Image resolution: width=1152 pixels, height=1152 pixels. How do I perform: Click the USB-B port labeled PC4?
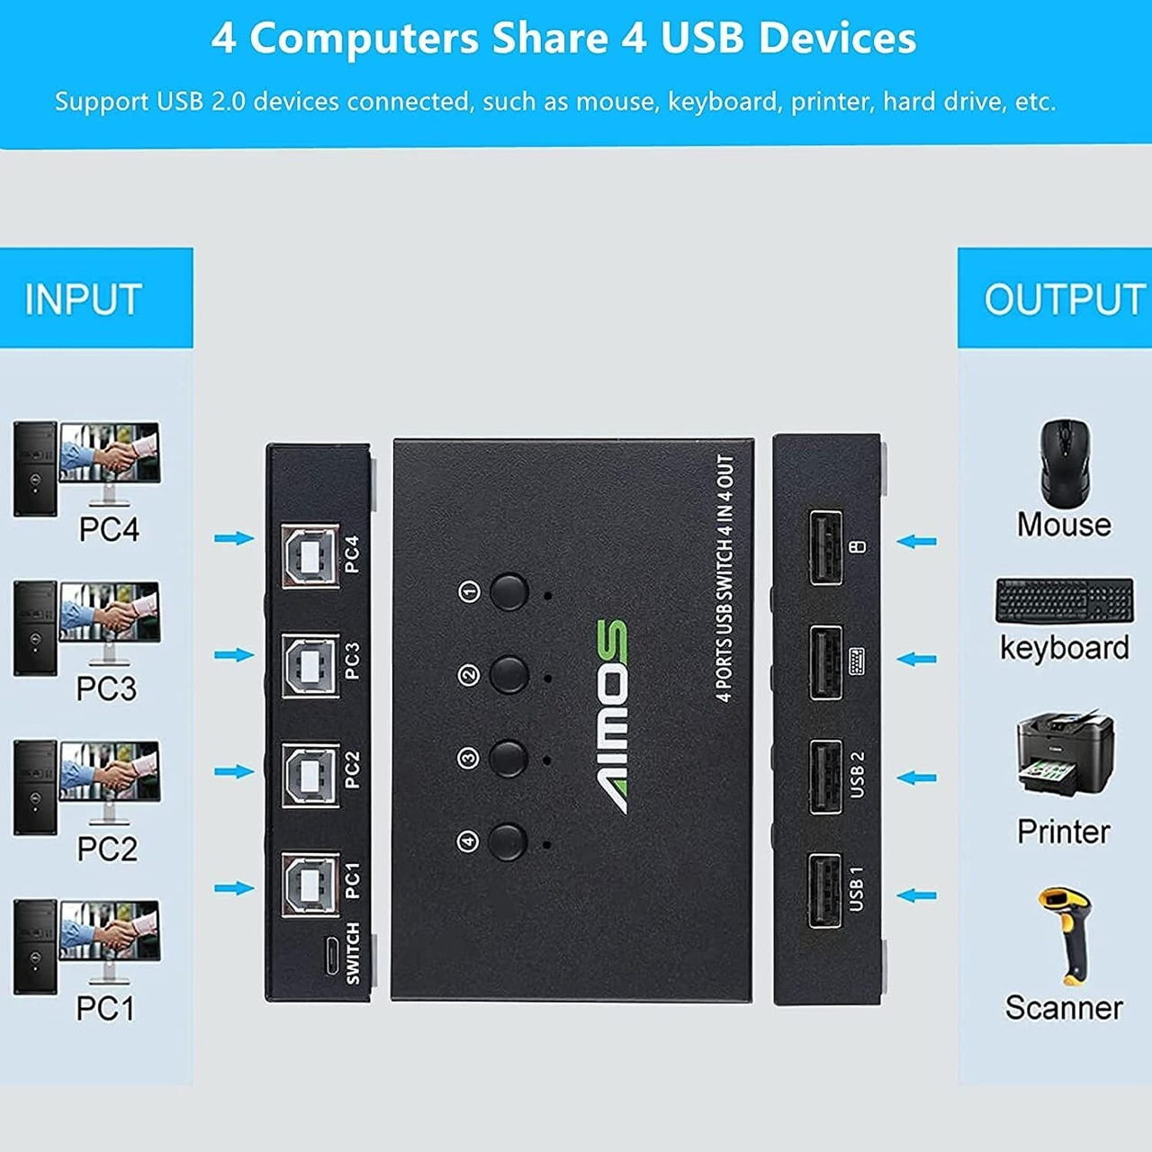coord(310,555)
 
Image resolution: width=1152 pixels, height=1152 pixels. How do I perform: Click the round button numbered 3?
coord(509,759)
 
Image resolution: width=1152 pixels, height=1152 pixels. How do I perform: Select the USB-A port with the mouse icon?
coord(825,547)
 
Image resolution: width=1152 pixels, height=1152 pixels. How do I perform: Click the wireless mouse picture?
coord(1066,461)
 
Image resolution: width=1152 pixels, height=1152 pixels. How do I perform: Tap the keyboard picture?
coord(1064,600)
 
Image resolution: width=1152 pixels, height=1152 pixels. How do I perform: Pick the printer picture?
coord(1065,754)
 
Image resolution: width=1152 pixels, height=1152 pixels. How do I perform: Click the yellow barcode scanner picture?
coord(1065,936)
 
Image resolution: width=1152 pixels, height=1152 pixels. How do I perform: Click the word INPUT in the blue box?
coord(84,300)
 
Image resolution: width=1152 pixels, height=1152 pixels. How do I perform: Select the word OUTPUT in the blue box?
coord(1065,300)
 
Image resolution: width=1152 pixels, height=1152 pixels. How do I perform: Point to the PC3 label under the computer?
coord(106,688)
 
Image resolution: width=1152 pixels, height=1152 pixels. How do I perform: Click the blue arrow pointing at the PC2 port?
coord(234,771)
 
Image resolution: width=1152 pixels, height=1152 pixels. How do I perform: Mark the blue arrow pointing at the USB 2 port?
coord(917,778)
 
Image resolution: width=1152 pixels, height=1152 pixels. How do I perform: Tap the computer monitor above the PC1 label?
coord(109,931)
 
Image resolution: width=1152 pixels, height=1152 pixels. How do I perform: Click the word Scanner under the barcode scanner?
coord(1064,1007)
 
